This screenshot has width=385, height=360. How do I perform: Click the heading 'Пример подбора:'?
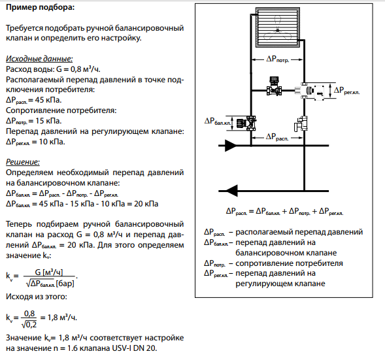click(40, 7)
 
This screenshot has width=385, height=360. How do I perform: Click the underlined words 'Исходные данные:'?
click(39, 59)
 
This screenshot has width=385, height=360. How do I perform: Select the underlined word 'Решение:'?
click(23, 162)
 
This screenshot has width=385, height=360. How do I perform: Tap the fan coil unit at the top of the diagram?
click(278, 27)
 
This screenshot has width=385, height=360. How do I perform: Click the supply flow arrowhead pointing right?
click(230, 146)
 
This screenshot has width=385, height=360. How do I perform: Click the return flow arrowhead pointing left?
click(232, 191)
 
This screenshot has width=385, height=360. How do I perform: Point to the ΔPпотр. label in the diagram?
click(278, 59)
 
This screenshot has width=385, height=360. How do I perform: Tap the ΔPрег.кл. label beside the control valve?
click(346, 91)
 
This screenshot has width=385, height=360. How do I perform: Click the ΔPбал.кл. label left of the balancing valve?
click(218, 122)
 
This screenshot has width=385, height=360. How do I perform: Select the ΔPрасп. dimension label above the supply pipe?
click(277, 137)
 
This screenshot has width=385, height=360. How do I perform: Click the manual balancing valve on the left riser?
click(246, 123)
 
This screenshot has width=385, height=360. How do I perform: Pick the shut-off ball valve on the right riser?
click(301, 123)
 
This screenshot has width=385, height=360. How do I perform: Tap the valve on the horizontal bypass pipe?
click(274, 86)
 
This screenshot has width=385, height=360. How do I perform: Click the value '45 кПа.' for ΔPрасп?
click(48, 100)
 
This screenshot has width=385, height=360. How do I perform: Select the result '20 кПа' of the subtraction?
click(146, 204)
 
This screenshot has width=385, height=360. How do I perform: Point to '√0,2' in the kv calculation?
click(29, 325)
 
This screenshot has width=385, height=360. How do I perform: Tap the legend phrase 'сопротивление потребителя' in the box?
click(289, 263)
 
